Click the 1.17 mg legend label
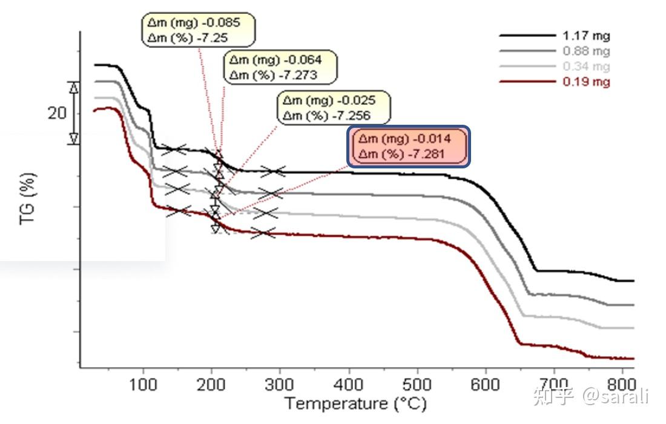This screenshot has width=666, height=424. pos(586,36)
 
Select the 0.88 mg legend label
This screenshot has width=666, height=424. pos(586,51)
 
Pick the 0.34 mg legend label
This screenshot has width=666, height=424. pos(586,67)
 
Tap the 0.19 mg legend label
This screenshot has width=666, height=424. pos(586,82)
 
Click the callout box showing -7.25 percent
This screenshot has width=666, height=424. pos(198,30)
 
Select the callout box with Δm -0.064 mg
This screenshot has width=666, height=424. pos(280,67)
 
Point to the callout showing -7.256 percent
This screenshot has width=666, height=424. pos(334,108)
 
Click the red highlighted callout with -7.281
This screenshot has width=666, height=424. pos(408,146)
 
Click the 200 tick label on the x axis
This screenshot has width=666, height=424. pos(211,384)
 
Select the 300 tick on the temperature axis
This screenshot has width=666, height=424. pos(280,384)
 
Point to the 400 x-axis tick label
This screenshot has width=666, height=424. pos(349,384)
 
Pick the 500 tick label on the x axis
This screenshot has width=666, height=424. pos(417,384)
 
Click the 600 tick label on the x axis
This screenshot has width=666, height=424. pos(486,384)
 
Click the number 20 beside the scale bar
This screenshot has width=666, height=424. pos(57,113)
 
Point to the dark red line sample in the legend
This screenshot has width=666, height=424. pos(527,81)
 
